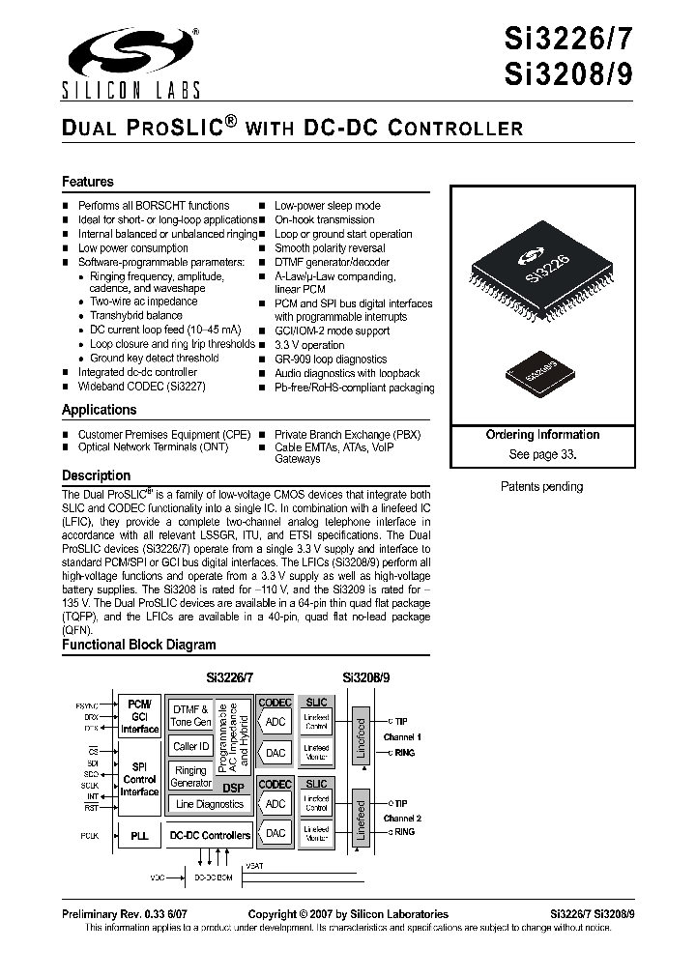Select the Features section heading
click(x=88, y=182)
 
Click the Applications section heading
click(x=100, y=410)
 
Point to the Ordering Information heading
click(x=542, y=435)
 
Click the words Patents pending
click(x=541, y=487)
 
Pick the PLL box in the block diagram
click(x=138, y=834)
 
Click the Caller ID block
click(x=190, y=747)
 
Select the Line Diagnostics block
click(x=210, y=804)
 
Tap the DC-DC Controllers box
click(x=210, y=835)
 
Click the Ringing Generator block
click(x=190, y=776)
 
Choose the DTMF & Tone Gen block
click(x=190, y=716)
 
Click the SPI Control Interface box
click(x=138, y=778)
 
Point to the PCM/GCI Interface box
click(x=138, y=716)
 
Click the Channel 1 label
click(x=402, y=736)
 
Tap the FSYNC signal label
click(x=86, y=705)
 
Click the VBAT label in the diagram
click(x=254, y=865)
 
